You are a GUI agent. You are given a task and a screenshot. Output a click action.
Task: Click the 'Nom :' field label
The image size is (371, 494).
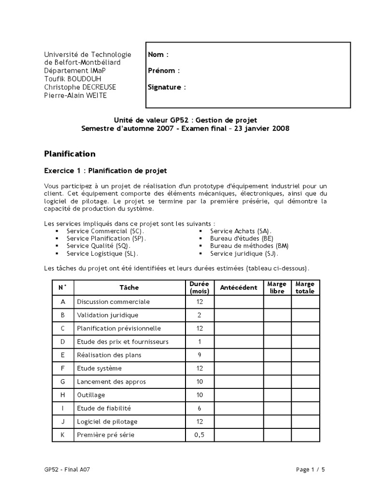click(x=158, y=55)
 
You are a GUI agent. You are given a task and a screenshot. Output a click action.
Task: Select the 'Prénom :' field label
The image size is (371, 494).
click(x=164, y=70)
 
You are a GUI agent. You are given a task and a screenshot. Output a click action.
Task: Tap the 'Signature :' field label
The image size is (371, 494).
click(x=167, y=87)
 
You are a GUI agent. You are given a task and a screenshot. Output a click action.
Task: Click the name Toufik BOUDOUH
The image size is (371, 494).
click(x=73, y=79)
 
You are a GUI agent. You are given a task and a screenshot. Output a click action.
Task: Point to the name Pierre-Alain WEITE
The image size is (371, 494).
click(x=75, y=95)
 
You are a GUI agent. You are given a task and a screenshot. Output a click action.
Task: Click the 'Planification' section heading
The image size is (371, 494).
click(x=70, y=154)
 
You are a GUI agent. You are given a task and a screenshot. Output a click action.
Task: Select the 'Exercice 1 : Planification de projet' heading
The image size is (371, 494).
click(x=105, y=170)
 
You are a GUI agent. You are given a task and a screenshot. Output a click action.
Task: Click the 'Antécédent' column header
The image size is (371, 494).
click(x=239, y=288)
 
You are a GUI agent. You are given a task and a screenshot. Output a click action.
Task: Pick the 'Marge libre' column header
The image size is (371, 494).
click(x=277, y=288)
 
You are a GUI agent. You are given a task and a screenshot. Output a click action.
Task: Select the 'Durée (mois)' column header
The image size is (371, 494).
click(x=200, y=288)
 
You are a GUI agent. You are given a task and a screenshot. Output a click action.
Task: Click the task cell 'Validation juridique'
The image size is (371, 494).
click(x=107, y=315)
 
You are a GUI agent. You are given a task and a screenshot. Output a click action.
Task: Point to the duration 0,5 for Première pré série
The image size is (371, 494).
click(x=200, y=435)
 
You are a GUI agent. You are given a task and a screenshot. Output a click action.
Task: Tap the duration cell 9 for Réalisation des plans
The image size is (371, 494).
click(x=200, y=355)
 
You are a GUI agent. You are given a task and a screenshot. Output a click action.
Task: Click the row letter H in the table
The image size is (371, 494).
click(x=62, y=395)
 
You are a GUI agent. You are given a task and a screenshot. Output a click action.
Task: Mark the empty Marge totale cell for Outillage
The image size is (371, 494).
click(x=305, y=395)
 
